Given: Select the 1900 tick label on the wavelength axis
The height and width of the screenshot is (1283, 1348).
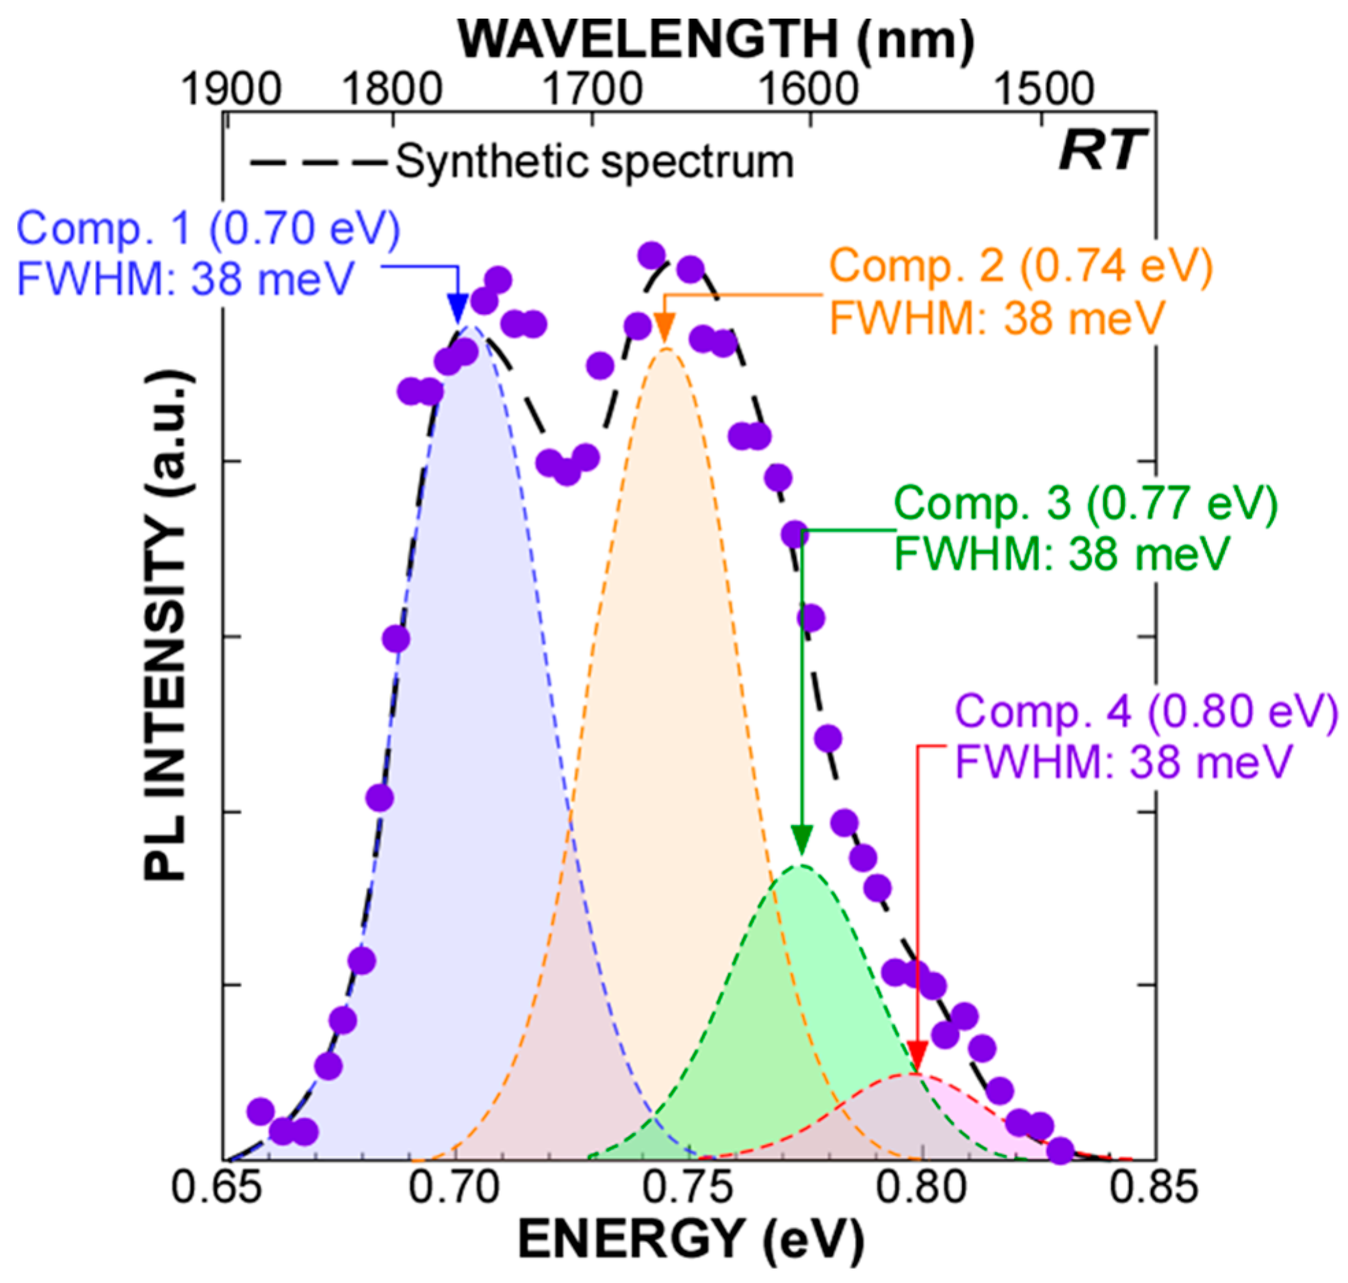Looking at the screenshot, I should click(x=231, y=90).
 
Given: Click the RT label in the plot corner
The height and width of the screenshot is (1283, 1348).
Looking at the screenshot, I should click(x=1101, y=151).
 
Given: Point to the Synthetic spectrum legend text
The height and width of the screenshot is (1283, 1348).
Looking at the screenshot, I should click(x=595, y=163).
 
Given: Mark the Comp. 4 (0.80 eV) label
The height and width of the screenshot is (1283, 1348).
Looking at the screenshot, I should click(x=1145, y=712).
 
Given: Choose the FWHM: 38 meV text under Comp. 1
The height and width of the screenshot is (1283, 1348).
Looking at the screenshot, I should click(x=185, y=278).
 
